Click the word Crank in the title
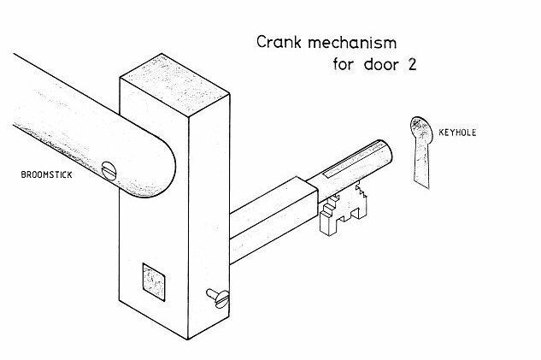pos(279,42)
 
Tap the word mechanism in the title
pos(352,43)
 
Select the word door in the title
pos(381,64)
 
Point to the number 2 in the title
pos(412,64)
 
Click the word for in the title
pos(344,64)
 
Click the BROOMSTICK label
pos(46,174)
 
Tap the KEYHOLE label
pos(457,133)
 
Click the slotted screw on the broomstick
pos(109,171)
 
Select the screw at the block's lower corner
pos(219,298)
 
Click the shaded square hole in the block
pos(154,282)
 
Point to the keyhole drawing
pos(421,152)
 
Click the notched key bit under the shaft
pos(343,210)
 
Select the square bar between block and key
pos(273,219)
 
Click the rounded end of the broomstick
pos(162,168)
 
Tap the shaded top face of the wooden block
pos(174,84)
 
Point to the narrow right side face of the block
pos(209,215)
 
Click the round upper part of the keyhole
pos(421,128)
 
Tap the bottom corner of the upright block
pos(188,339)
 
